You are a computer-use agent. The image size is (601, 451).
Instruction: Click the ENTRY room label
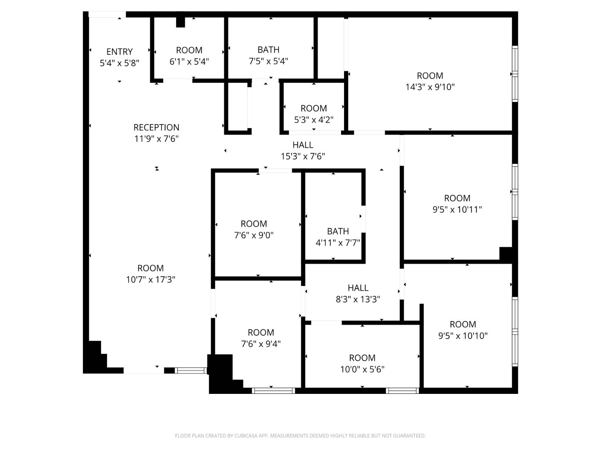[119, 51]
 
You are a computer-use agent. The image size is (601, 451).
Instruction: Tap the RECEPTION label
[156, 127]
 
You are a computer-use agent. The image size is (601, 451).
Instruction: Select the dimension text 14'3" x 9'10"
[430, 87]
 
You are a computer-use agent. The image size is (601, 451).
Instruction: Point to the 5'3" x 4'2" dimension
[314, 120]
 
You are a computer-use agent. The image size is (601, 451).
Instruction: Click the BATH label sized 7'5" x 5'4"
[268, 50]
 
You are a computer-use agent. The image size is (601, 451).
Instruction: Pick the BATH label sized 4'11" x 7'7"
[338, 231]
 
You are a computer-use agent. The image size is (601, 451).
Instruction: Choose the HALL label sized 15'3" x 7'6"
[303, 145]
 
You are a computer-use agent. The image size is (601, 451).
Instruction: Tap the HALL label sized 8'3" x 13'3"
[358, 288]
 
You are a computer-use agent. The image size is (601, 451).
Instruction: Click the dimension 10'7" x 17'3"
[151, 280]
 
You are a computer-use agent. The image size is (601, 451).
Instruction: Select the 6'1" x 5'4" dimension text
[189, 62]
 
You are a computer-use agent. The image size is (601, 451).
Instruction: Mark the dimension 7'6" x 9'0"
[254, 235]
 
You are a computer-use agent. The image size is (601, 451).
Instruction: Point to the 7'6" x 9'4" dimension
[261, 344]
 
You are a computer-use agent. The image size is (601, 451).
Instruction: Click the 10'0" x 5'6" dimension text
[362, 369]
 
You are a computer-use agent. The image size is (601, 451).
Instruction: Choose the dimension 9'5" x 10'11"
[457, 209]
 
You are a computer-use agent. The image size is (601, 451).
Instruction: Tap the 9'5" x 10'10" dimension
[463, 336]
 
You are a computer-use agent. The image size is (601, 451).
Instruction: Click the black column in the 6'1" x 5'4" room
[180, 22]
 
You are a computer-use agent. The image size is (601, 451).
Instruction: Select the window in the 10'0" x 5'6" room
[402, 391]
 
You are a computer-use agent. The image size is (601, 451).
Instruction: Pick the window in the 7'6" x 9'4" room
[273, 391]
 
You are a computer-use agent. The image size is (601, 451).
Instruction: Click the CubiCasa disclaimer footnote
[300, 436]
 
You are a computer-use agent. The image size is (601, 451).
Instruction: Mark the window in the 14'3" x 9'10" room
[515, 74]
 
